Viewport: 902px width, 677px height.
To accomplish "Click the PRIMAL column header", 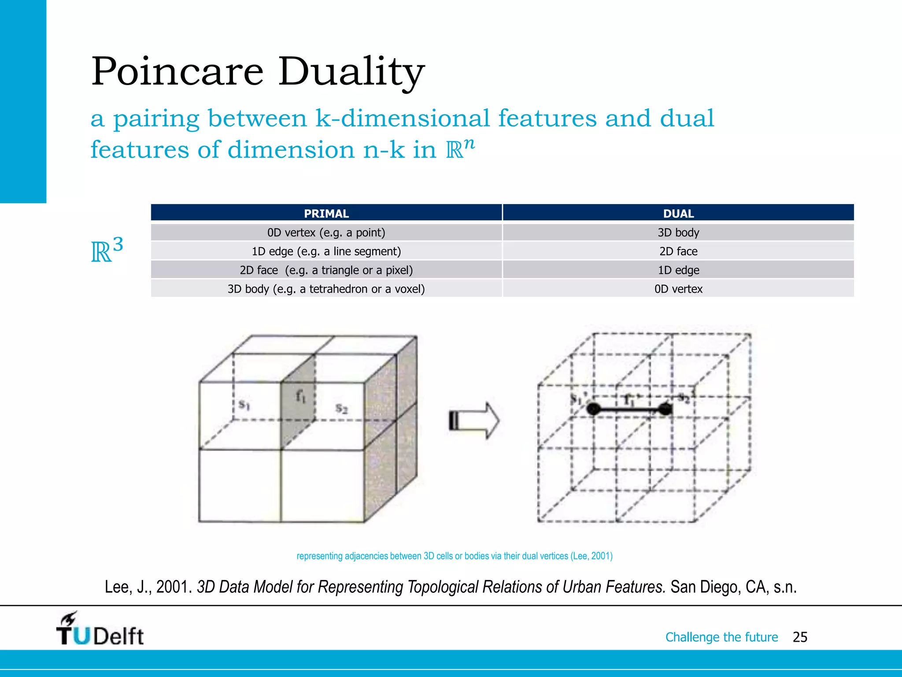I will point(326,213).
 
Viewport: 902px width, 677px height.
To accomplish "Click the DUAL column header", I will point(678,213).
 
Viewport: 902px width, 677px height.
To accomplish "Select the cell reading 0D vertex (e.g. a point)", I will point(326,232).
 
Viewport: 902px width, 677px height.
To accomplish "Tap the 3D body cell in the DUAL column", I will point(678,232).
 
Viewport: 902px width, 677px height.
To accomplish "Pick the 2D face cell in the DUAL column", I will point(678,251).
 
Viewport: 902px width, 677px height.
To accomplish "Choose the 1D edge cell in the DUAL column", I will point(678,270).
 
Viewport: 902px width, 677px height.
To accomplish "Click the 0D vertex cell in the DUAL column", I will point(678,289).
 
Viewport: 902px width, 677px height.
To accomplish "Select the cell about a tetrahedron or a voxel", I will point(326,289).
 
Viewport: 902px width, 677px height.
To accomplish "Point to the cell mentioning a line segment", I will point(326,251).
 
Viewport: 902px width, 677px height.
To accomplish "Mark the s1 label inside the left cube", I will point(244,404).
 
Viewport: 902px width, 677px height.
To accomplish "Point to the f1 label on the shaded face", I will point(300,397).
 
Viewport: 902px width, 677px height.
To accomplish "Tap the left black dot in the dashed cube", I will point(593,409).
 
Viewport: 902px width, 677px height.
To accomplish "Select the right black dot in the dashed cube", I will point(665,409).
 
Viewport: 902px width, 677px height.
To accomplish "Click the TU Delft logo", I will point(100,629).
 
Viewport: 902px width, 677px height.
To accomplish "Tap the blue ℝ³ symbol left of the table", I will point(107,250).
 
